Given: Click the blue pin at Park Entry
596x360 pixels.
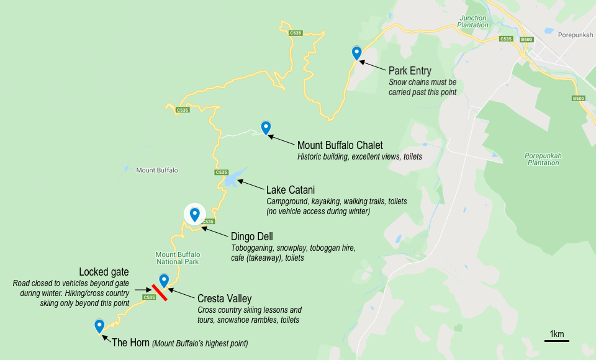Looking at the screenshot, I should pyautogui.click(x=356, y=53).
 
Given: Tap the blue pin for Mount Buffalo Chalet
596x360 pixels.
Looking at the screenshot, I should pyautogui.click(x=266, y=127).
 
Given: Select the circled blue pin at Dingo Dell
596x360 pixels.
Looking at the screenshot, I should pyautogui.click(x=195, y=214).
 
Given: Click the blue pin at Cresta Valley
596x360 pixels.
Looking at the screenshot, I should pyautogui.click(x=164, y=280).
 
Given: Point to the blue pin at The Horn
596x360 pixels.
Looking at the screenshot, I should pyautogui.click(x=99, y=325).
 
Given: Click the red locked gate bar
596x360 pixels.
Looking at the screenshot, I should pyautogui.click(x=159, y=292).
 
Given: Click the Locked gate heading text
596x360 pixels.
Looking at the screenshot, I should pyautogui.click(x=104, y=272).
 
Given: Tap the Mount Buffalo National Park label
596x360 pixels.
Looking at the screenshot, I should pyautogui.click(x=178, y=258).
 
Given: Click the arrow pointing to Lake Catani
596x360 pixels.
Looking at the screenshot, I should pyautogui.click(x=251, y=185).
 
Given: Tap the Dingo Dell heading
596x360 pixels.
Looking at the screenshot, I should pyautogui.click(x=251, y=236).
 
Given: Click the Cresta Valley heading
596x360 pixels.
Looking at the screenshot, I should pyautogui.click(x=224, y=298).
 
